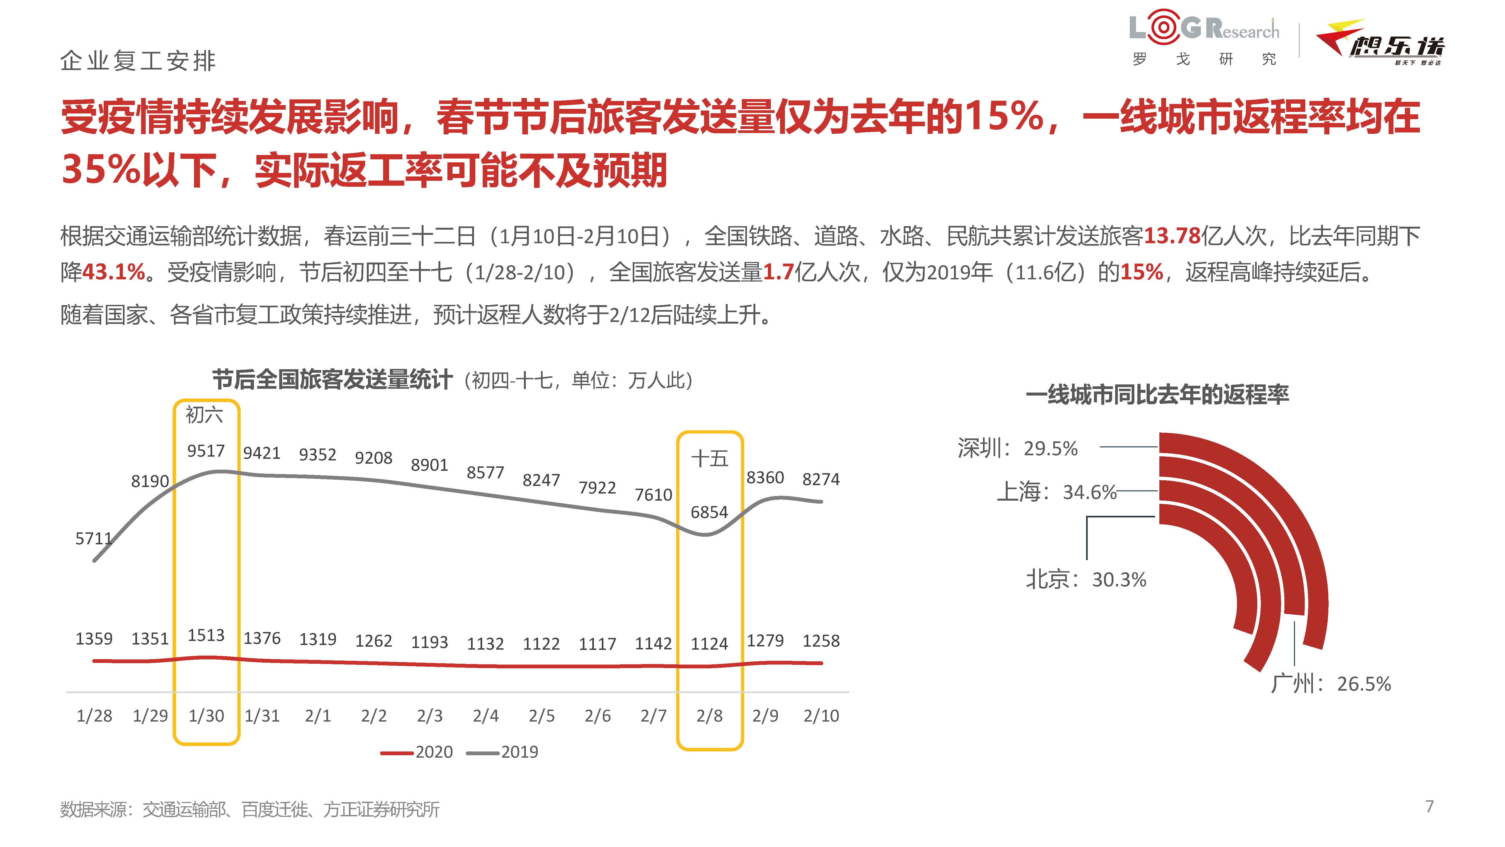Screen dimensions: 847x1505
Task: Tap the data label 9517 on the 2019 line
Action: click(x=206, y=451)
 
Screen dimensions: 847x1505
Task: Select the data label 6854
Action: click(x=709, y=512)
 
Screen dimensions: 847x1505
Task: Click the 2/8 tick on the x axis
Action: click(x=709, y=716)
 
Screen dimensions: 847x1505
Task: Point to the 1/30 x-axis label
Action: click(x=206, y=716)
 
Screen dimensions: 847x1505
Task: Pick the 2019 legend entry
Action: click(x=502, y=752)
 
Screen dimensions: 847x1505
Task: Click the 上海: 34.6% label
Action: click(x=1056, y=492)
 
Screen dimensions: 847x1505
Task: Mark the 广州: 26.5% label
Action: click(x=1331, y=683)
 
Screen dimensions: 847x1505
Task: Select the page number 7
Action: click(x=1430, y=806)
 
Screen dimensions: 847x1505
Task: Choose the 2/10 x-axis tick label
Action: click(x=821, y=716)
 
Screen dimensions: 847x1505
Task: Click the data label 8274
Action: click(x=821, y=479)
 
